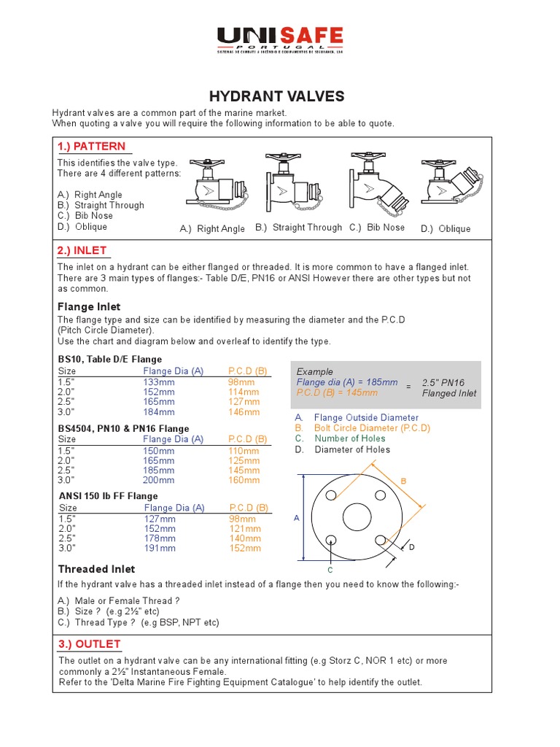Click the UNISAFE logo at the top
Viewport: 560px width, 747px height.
pyautogui.click(x=280, y=39)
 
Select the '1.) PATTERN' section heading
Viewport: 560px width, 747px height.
pyautogui.click(x=92, y=147)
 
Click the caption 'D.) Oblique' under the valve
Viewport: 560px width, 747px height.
pyautogui.click(x=446, y=229)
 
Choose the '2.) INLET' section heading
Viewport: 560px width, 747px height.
pyautogui.click(x=82, y=251)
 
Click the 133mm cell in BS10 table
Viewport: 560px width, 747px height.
pyautogui.click(x=159, y=382)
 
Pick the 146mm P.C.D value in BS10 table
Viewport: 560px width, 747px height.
pyautogui.click(x=244, y=412)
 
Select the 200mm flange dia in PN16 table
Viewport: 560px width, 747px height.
pyautogui.click(x=159, y=480)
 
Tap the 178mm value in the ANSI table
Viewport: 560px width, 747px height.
pyautogui.click(x=160, y=538)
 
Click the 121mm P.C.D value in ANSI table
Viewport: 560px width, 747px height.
pyautogui.click(x=245, y=528)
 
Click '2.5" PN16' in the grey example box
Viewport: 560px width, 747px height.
pyautogui.click(x=443, y=382)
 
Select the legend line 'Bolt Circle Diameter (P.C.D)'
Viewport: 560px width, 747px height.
pyautogui.click(x=372, y=428)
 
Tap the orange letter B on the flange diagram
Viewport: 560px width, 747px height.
pyautogui.click(x=402, y=481)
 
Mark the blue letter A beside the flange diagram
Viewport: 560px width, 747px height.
pyautogui.click(x=297, y=517)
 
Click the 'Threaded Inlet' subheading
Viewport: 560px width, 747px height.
pyautogui.click(x=96, y=569)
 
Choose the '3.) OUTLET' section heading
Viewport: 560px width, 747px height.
pyautogui.click(x=89, y=644)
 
